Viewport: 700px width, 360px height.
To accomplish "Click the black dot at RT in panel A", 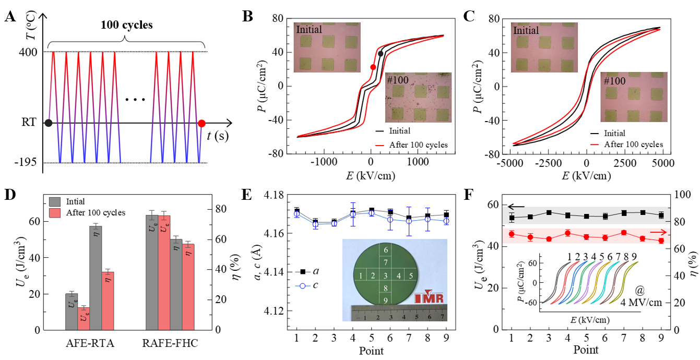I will [48, 123].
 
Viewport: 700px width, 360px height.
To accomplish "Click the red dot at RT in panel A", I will [202, 124].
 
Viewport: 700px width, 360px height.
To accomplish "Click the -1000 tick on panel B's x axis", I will [323, 162].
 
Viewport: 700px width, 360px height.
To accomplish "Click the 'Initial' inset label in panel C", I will [526, 30].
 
